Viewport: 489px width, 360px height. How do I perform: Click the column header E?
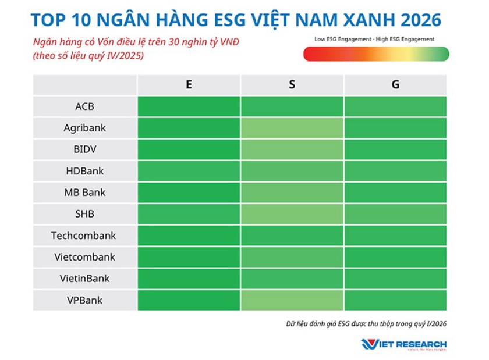(189, 85)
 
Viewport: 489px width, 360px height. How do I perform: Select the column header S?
(292, 85)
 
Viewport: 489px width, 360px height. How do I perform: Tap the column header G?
(395, 85)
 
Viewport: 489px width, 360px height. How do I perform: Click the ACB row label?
(84, 106)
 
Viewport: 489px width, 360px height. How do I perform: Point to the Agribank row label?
(84, 128)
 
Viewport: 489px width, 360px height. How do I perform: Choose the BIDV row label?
(84, 149)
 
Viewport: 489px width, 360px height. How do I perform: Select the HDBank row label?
(84, 171)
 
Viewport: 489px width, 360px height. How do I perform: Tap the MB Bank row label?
(84, 193)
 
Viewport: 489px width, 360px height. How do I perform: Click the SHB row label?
(84, 214)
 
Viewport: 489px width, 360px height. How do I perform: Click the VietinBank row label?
(84, 279)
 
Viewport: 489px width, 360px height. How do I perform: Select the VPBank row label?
(84, 300)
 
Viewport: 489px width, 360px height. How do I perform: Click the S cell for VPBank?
(292, 300)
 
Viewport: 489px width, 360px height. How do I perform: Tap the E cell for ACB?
(189, 106)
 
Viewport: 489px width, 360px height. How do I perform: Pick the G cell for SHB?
(395, 214)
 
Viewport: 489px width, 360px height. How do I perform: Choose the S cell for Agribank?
(292, 128)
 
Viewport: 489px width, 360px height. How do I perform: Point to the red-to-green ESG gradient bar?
(376, 54)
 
